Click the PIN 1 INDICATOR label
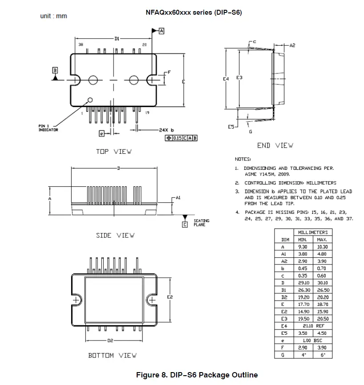(x=48, y=128)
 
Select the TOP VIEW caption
(x=113, y=152)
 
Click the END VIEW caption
(x=275, y=145)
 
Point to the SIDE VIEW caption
(x=115, y=235)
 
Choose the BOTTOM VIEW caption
(x=112, y=355)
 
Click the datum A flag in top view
(x=161, y=31)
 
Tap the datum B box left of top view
(x=55, y=70)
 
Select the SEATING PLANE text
(x=201, y=223)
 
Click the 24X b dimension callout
(x=166, y=130)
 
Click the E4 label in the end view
(x=226, y=78)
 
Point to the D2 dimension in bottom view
(x=111, y=341)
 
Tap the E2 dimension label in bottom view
(x=170, y=297)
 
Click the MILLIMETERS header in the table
(x=312, y=233)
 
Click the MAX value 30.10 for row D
(x=322, y=282)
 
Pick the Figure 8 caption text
(x=197, y=375)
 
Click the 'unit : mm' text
(x=53, y=16)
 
